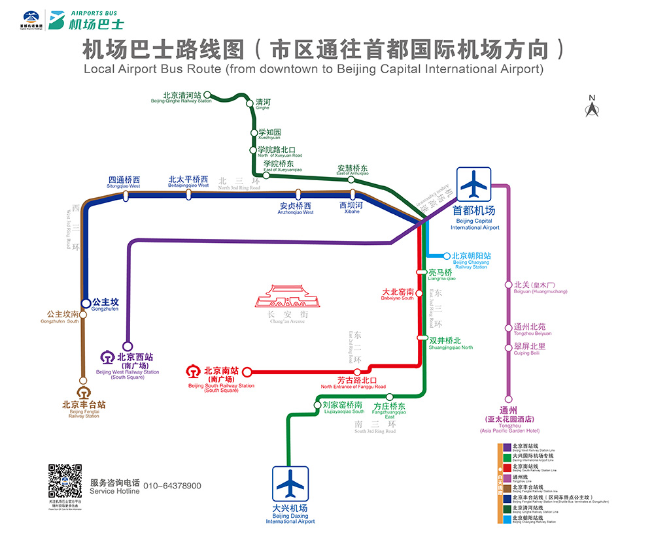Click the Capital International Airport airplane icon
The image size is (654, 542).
coord(473,185)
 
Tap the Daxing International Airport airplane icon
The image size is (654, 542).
coord(290,484)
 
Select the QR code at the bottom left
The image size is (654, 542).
coord(65,481)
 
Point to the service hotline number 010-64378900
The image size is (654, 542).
coord(172,486)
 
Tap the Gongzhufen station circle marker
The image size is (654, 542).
coord(86,303)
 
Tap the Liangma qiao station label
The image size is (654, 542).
coord(440,275)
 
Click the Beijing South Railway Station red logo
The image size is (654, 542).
coord(194,372)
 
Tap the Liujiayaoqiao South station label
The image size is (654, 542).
coord(343,407)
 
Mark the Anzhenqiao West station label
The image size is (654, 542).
coord(296,208)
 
